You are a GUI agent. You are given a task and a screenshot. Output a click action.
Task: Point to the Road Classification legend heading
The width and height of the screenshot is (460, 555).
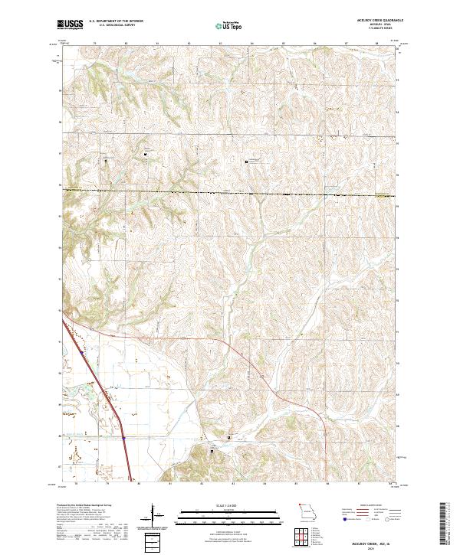362,506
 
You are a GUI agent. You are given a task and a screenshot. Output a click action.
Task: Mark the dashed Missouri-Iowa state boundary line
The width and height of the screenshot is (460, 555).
230,192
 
